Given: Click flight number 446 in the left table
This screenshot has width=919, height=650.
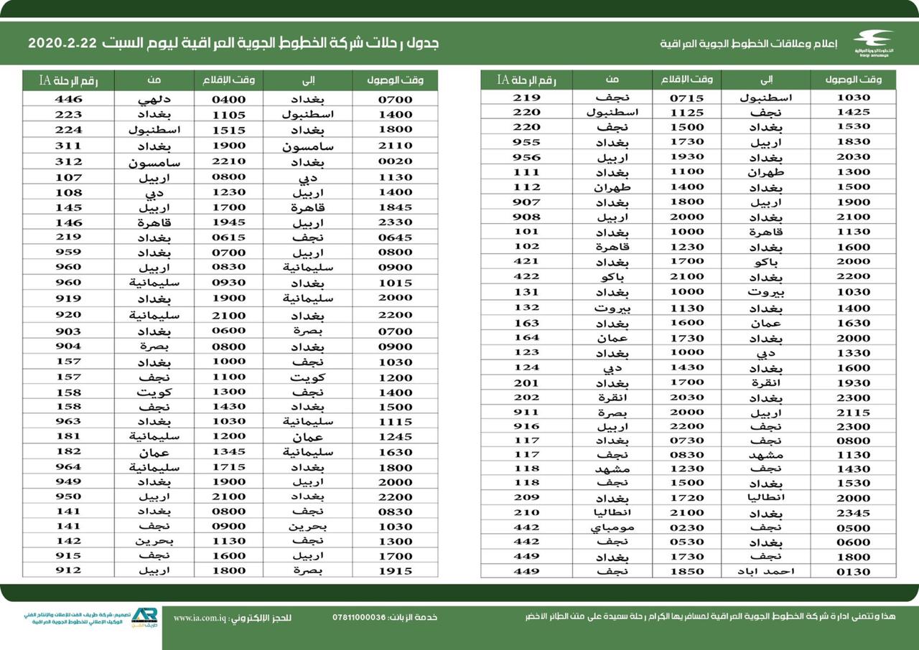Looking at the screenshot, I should pos(68,100).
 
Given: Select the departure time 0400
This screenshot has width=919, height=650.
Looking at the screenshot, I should pos(228,100).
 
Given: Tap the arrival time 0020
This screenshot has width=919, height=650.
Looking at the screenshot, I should pos(395,162).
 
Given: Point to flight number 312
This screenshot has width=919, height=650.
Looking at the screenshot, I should pos(68,162).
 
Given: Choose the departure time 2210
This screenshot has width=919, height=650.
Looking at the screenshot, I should pos(228,162).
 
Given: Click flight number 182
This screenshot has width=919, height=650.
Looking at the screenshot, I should pos(68,452).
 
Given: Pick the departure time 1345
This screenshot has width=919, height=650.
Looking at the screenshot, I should pos(228,452).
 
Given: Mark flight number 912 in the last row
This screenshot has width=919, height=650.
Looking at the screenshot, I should pos(68,571).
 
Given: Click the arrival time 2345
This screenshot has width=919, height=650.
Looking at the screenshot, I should pos(854,513).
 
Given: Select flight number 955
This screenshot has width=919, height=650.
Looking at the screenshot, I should pos(526,142).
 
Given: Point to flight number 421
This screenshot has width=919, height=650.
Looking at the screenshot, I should pos(526,261).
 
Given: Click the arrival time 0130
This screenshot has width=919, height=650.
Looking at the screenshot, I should pos(854,572).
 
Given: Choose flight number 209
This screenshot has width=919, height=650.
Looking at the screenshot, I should pos(526,498).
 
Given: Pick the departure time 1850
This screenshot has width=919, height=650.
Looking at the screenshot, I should pos(686,572).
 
